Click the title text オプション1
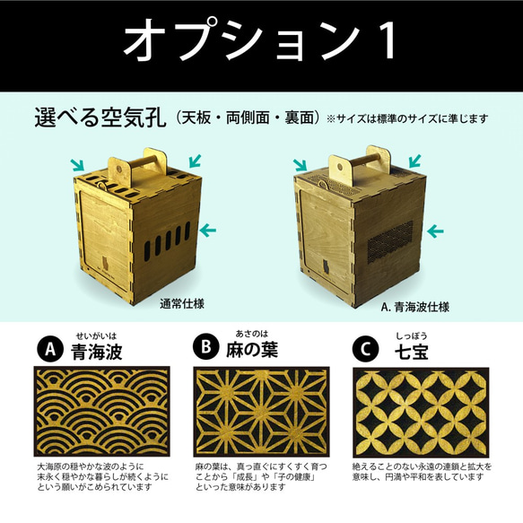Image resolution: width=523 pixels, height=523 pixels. point(261,39)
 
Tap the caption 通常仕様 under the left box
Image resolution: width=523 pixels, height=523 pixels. point(183,301)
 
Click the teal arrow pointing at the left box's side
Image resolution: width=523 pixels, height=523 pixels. point(208,231)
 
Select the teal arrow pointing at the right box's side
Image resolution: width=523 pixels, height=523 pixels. point(434,231)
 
